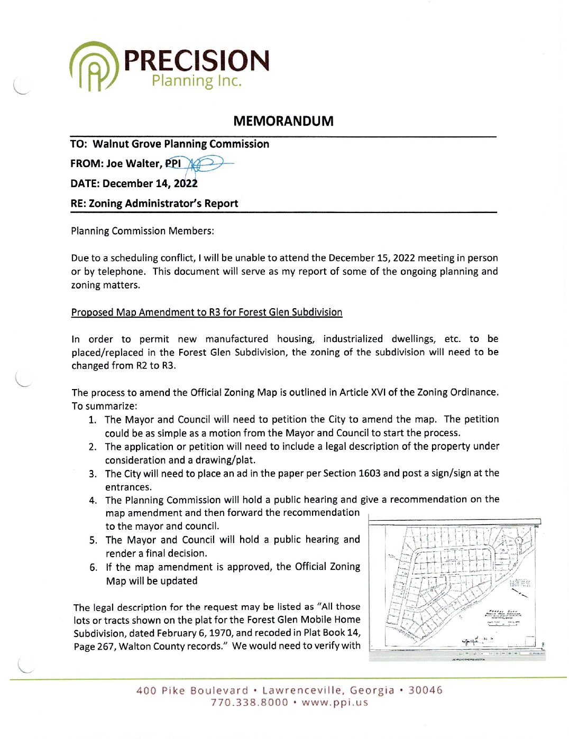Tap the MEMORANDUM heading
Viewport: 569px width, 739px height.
[283, 121]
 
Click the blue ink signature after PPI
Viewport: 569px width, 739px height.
[208, 164]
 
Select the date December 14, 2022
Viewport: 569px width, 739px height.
[150, 183]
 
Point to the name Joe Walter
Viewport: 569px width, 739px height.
[133, 164]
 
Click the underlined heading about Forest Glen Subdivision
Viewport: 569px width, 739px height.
[207, 312]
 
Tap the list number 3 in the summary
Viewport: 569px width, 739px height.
[93, 474]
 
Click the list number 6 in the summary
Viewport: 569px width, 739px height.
[93, 567]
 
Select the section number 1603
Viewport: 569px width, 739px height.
[369, 473]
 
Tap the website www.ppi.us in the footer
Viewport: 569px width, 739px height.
[335, 703]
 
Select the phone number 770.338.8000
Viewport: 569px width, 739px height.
[250, 703]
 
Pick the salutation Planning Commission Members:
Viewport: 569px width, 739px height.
[142, 231]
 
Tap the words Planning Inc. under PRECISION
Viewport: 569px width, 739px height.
[196, 81]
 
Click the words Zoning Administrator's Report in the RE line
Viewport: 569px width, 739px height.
[163, 204]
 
